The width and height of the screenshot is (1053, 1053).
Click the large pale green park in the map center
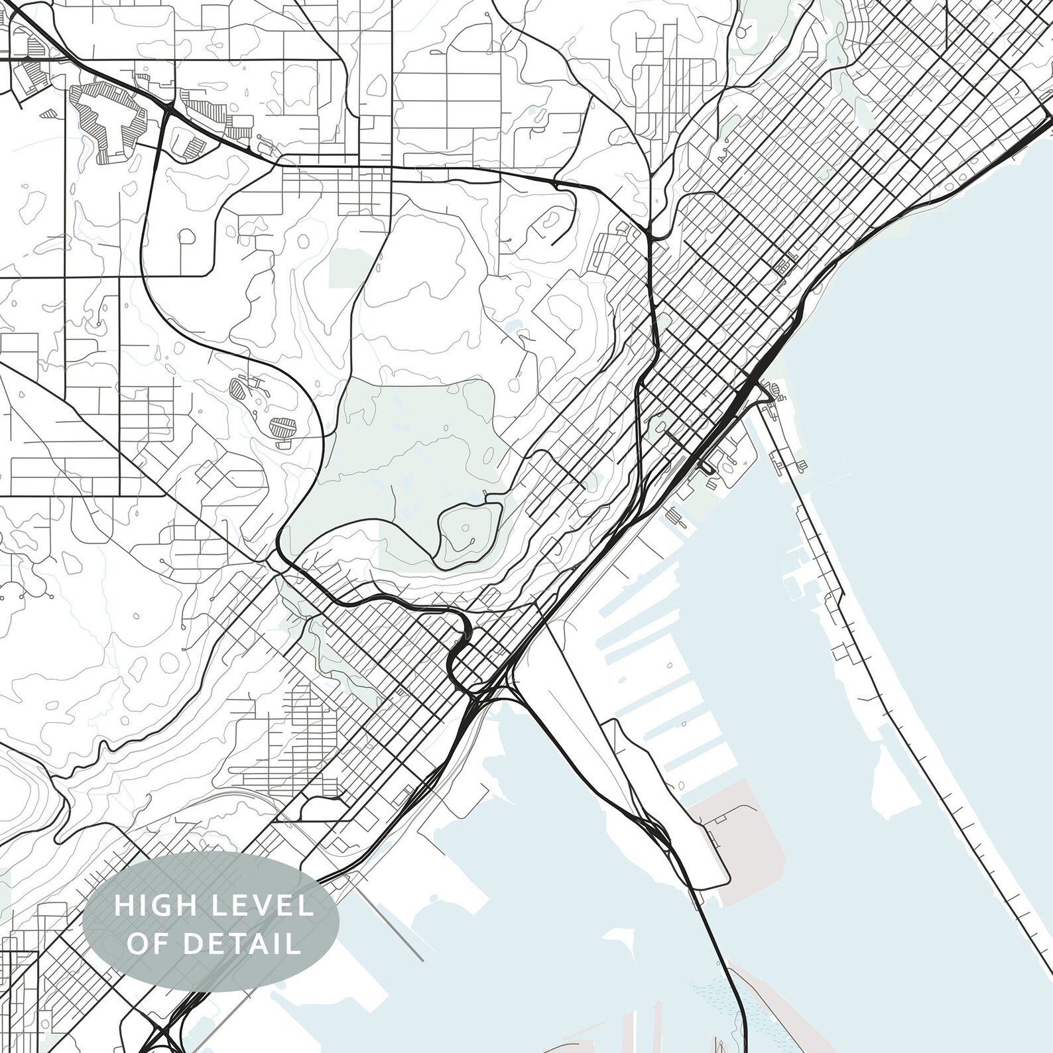click(404, 451)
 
